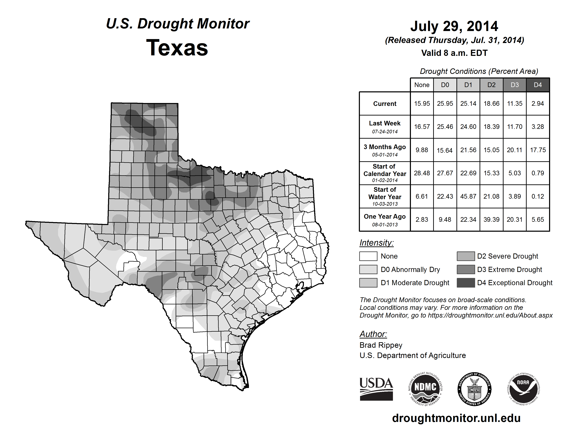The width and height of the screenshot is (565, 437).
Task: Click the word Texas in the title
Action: tap(177, 48)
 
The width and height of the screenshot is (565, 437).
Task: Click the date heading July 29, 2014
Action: tap(454, 26)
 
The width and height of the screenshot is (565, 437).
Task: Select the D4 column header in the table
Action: tap(538, 85)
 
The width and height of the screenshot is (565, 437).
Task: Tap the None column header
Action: tap(422, 85)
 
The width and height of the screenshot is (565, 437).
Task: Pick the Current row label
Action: tap(385, 104)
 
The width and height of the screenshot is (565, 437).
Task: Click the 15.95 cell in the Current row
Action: tap(422, 104)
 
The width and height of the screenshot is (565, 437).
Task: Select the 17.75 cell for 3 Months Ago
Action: tap(538, 150)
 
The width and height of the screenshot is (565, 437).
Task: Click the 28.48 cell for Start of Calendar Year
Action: tap(422, 173)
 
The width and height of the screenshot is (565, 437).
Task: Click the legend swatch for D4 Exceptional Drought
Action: tap(466, 283)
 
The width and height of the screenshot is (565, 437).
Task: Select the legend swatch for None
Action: tap(368, 256)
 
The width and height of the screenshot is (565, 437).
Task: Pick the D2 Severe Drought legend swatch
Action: tap(466, 256)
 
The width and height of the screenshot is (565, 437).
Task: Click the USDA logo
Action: tap(376, 389)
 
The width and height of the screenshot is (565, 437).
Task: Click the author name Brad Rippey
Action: tap(381, 345)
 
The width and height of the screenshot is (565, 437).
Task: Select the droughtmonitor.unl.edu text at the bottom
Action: tap(456, 418)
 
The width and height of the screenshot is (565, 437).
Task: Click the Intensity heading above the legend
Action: tap(376, 243)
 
